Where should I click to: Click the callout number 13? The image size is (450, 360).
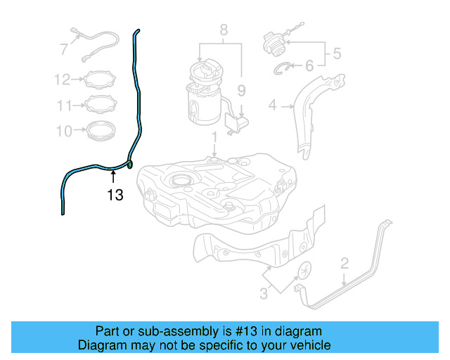point(115,195)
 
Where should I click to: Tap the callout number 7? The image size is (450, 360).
point(63,49)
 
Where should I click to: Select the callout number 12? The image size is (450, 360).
point(63,79)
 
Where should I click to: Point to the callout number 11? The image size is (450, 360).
point(65,105)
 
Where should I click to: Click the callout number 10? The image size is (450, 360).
point(63,131)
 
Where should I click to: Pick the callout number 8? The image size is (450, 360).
point(224,30)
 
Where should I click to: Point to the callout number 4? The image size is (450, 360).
point(273,106)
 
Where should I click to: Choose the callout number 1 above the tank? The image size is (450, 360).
point(214,134)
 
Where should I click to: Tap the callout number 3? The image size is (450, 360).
point(263,294)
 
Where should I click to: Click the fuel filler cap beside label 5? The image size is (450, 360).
point(274,42)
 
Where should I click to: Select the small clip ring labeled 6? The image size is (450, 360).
point(281,68)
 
